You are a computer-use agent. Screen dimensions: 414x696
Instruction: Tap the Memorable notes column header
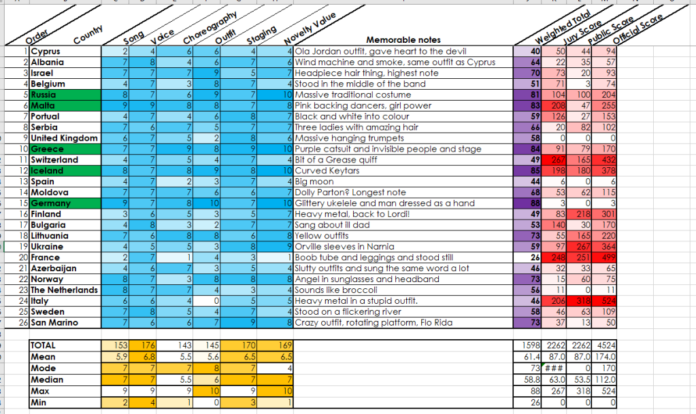pos(403,40)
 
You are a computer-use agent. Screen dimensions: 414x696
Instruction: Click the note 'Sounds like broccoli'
pos(333,290)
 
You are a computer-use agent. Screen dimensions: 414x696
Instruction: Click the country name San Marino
pos(56,323)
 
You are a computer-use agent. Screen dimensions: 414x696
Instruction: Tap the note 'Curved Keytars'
pos(323,171)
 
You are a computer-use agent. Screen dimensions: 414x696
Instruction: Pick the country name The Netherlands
pos(65,290)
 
